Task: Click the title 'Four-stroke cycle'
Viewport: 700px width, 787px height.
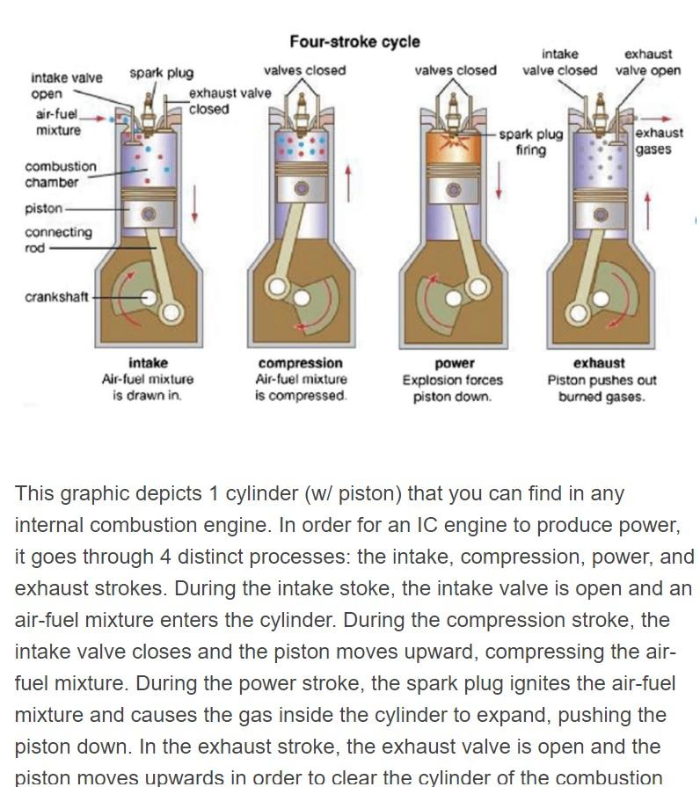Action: point(354,41)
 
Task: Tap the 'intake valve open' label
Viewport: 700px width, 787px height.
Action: point(66,85)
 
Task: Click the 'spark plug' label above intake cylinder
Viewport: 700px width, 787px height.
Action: point(161,72)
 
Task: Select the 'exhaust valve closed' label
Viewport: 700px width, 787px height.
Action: point(229,100)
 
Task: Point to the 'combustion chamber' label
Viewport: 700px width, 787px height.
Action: point(61,174)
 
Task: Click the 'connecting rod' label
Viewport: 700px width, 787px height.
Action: point(58,239)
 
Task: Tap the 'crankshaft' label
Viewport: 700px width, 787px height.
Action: point(56,296)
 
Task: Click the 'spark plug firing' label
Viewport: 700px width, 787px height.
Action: point(531,142)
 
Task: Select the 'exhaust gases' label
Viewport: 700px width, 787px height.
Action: point(659,141)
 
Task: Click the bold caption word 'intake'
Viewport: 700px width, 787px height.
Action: point(148,362)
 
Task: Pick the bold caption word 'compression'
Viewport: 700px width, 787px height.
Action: point(301,362)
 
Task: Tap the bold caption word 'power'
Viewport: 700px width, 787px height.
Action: point(454,362)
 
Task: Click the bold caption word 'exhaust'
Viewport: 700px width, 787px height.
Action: point(599,362)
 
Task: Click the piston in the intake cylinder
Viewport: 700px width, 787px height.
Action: point(148,214)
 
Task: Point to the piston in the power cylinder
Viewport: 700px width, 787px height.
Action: point(454,190)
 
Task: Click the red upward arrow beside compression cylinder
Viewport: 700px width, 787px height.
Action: point(348,183)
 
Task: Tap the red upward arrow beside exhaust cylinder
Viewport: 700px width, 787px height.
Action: point(648,208)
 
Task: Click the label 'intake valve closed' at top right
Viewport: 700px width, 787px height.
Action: point(559,62)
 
